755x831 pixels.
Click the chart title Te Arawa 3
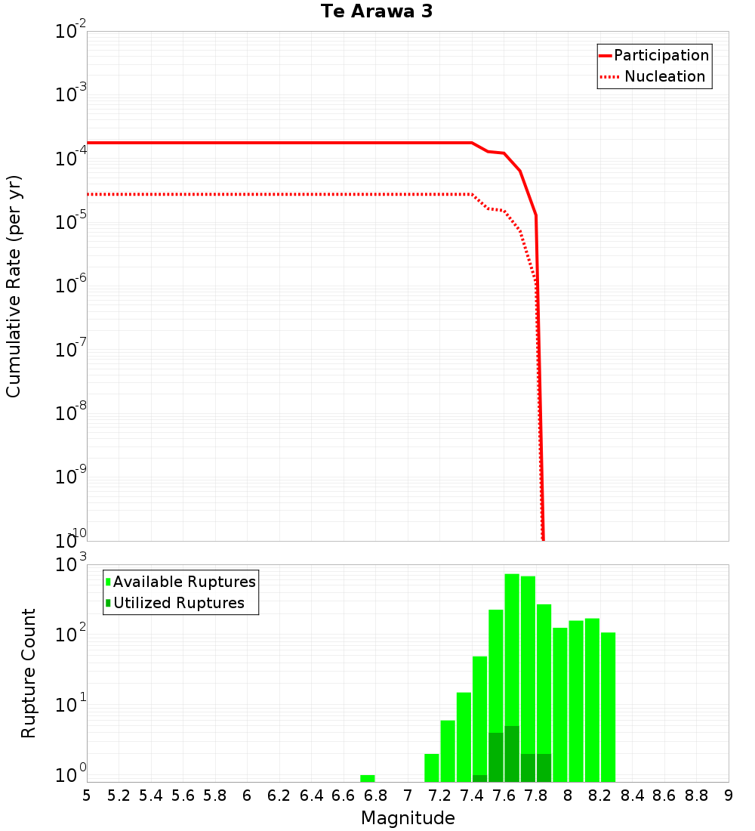point(376,12)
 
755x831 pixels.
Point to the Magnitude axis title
point(408,818)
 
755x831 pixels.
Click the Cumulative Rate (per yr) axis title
point(14,286)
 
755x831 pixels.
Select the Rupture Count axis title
point(29,673)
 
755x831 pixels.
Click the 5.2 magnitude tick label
point(119,795)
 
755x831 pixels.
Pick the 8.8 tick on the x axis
point(696,795)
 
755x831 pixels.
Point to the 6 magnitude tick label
point(247,795)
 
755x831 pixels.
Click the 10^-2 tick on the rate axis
point(71,32)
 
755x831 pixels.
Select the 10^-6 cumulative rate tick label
point(71,286)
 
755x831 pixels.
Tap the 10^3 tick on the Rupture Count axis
point(72,565)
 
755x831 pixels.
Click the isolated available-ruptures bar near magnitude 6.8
point(368,778)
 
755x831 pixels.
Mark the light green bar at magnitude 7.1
point(432,768)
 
